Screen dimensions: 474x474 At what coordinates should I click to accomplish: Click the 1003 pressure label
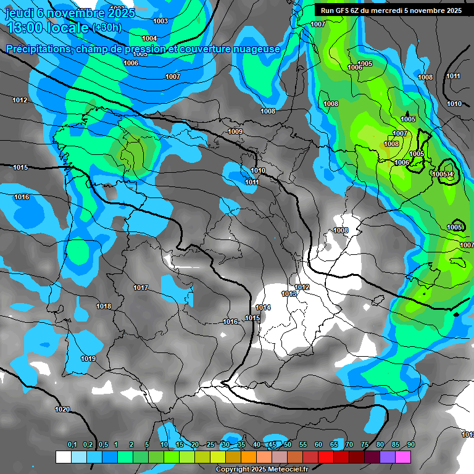coord(160,22)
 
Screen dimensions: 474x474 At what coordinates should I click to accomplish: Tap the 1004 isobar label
coord(149,38)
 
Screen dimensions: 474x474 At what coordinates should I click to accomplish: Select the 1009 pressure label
coord(235,131)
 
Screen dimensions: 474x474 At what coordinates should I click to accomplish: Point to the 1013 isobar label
coord(289,294)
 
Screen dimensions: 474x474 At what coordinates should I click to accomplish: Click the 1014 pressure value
coord(263,307)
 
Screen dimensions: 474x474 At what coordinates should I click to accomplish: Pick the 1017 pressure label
coord(141,288)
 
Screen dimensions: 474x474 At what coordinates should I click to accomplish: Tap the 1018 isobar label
coord(104,307)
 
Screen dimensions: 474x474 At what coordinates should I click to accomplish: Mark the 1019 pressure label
coord(88,359)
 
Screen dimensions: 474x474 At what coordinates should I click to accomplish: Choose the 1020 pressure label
coord(62,409)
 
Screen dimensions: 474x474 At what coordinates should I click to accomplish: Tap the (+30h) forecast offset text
coord(106,28)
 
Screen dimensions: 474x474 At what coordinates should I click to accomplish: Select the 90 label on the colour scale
coord(411,445)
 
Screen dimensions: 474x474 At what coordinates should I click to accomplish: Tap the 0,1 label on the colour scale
coord(72,445)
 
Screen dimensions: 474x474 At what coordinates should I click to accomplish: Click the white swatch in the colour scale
coord(63,457)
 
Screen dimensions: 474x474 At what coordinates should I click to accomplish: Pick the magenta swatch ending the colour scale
coord(402,457)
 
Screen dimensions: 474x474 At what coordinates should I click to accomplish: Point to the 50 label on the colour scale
coord(288,445)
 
